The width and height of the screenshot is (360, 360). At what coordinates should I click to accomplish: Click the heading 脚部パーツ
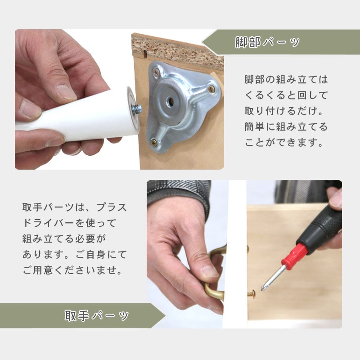coord(268,42)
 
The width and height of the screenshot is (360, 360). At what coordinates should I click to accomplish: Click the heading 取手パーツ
coord(97,315)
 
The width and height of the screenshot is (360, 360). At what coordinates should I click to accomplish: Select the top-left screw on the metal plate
coord(157,71)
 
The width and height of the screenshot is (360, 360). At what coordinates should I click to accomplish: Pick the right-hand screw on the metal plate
coord(211,89)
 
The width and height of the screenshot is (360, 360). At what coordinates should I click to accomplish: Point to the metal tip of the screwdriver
coord(272,278)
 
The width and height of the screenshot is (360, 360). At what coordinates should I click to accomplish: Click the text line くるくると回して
coord(286,95)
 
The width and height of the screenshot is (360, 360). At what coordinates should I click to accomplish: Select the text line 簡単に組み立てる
coord(286,127)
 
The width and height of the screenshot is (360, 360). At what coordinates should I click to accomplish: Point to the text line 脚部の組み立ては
coord(286,80)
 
